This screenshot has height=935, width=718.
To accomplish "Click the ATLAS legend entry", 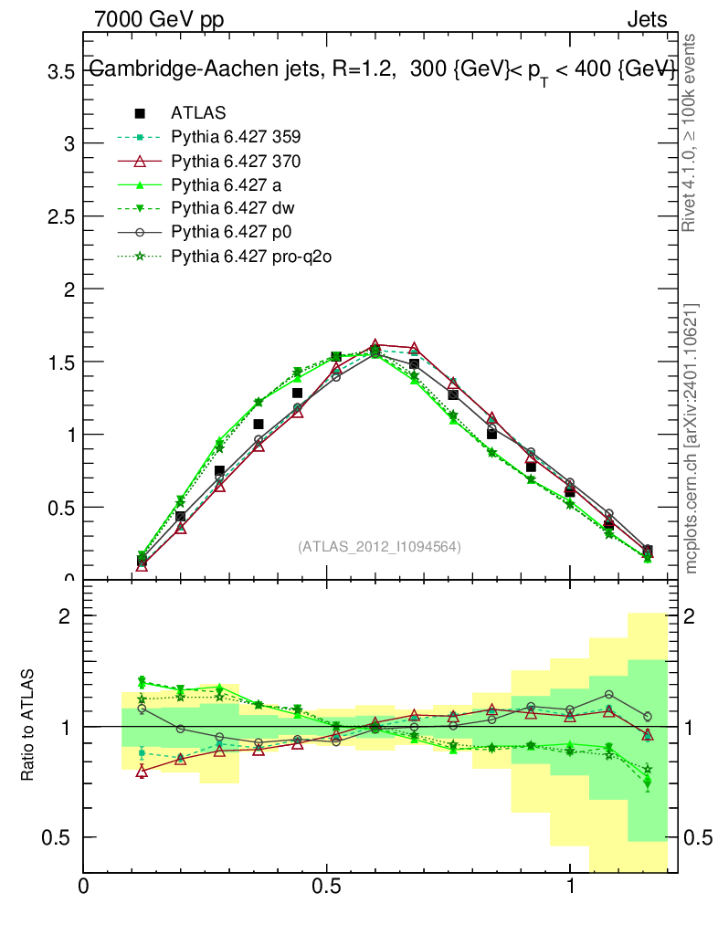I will click(198, 113).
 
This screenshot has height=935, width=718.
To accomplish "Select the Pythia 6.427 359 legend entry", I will click(236, 137).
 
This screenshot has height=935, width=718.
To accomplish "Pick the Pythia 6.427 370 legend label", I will click(236, 161).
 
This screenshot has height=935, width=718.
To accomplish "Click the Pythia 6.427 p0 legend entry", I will click(230, 232).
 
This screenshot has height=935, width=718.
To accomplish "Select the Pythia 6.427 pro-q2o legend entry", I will click(250, 256).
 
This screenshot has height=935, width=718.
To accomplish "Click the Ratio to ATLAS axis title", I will click(30, 727).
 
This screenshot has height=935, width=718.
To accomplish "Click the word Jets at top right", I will click(647, 19).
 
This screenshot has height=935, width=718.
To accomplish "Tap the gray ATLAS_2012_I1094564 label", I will click(379, 546).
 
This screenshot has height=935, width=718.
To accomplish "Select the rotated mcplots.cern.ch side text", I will click(692, 438).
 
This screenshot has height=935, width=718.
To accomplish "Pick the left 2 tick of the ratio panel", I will click(67, 616).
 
